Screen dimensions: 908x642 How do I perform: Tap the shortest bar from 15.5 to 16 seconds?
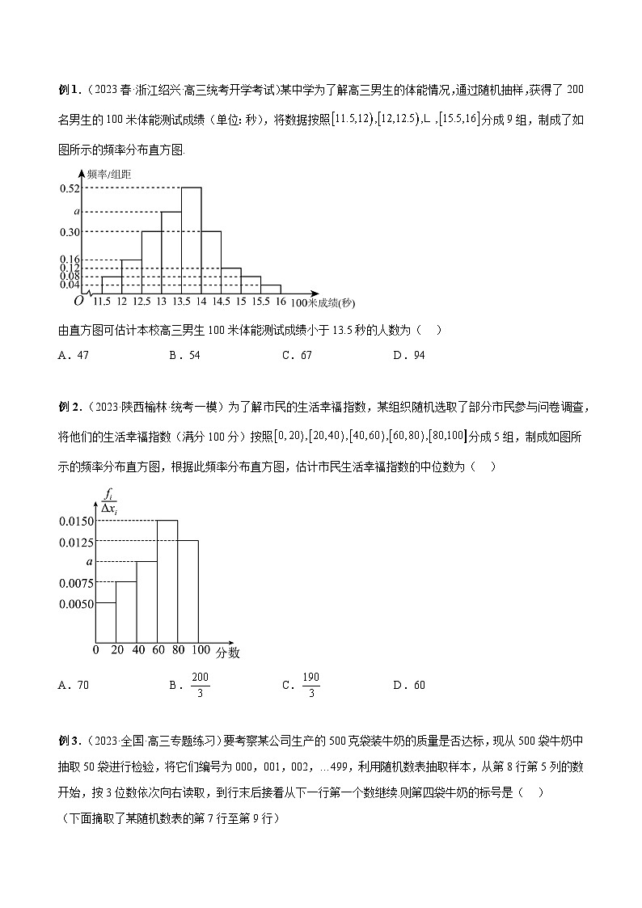coord(271,289)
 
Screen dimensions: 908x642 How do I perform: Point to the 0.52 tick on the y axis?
coord(70,188)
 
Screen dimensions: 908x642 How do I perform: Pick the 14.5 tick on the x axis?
coord(221,302)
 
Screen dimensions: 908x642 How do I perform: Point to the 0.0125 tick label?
coord(76,542)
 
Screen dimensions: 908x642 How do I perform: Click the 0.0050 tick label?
coord(76,603)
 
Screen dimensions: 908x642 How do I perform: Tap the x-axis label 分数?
coord(227,651)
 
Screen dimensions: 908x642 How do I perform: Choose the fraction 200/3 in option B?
coord(200,685)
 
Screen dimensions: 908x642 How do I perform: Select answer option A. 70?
coord(74,685)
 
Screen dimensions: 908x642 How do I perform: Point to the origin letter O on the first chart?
coord(78,302)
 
